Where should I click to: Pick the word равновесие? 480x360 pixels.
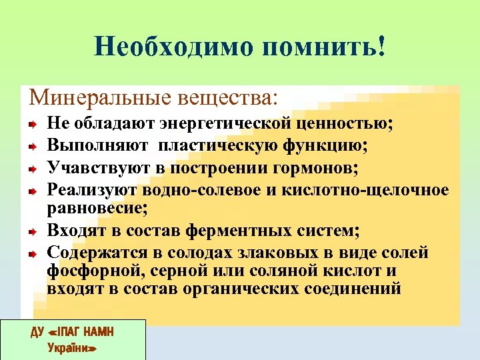point(97,208)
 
